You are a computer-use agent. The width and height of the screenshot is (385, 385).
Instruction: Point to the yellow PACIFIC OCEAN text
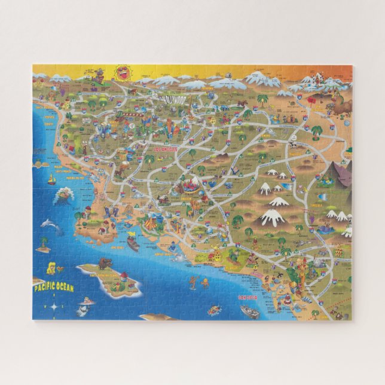[x=53, y=287]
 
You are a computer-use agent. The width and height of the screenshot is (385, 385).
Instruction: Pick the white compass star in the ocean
[x=54, y=307]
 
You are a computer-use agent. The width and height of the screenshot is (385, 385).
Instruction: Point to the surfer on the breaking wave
[x=63, y=195]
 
